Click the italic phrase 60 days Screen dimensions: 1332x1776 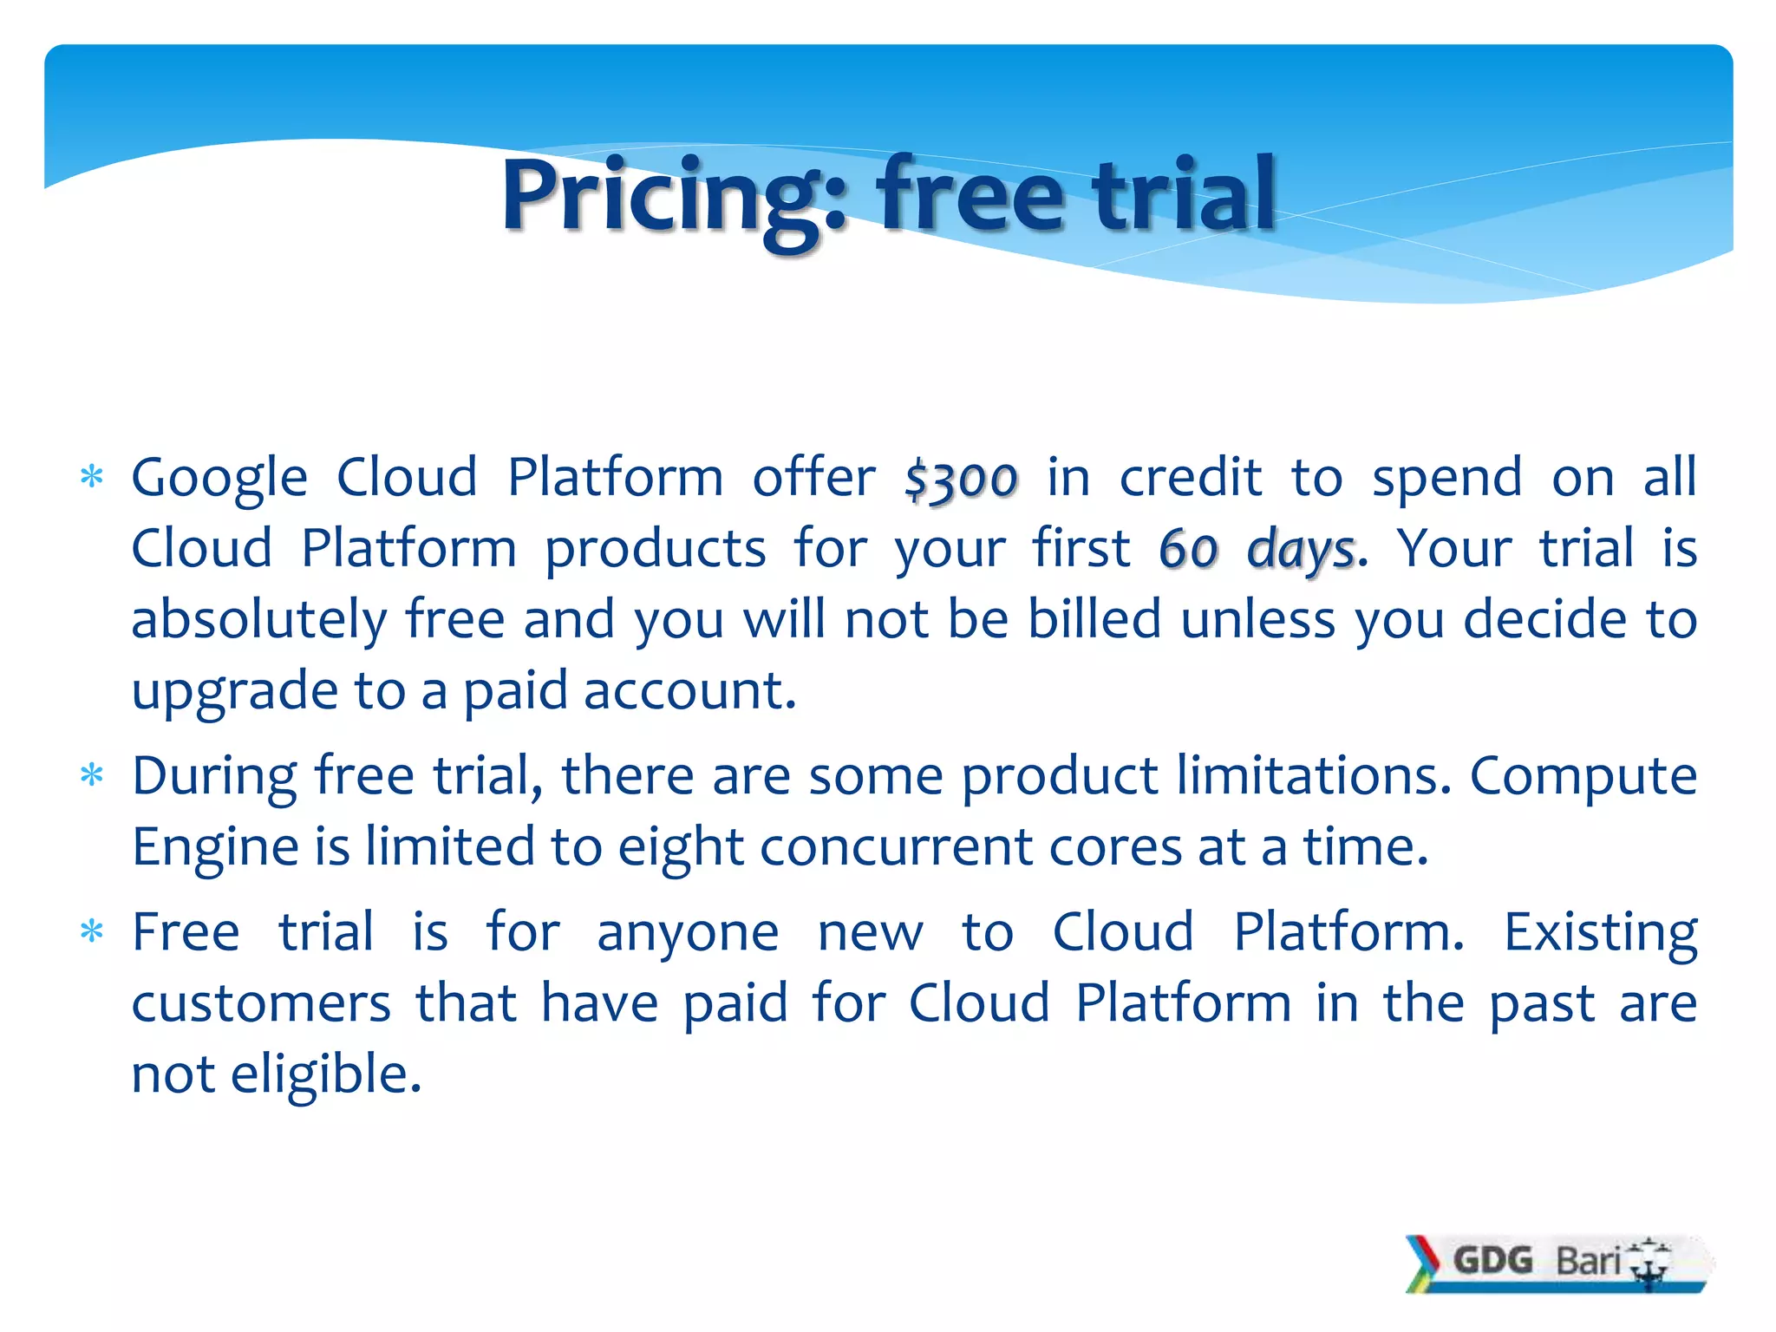tap(1258, 549)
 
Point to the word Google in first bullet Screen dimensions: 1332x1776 tap(219, 478)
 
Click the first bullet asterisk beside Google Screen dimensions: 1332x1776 tap(91, 478)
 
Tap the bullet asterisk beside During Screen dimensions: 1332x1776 tap(91, 775)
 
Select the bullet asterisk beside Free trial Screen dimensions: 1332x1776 tap(91, 933)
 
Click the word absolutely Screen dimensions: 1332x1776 tap(259, 621)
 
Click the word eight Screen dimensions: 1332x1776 tap(681, 847)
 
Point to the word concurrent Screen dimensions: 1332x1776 tap(896, 846)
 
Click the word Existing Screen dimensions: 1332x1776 tap(1599, 933)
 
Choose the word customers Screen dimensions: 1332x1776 tap(261, 1004)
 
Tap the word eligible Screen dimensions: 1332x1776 tap(325, 1074)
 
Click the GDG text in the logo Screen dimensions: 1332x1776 tap(1492, 1260)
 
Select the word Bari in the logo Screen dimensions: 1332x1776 tap(1587, 1260)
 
